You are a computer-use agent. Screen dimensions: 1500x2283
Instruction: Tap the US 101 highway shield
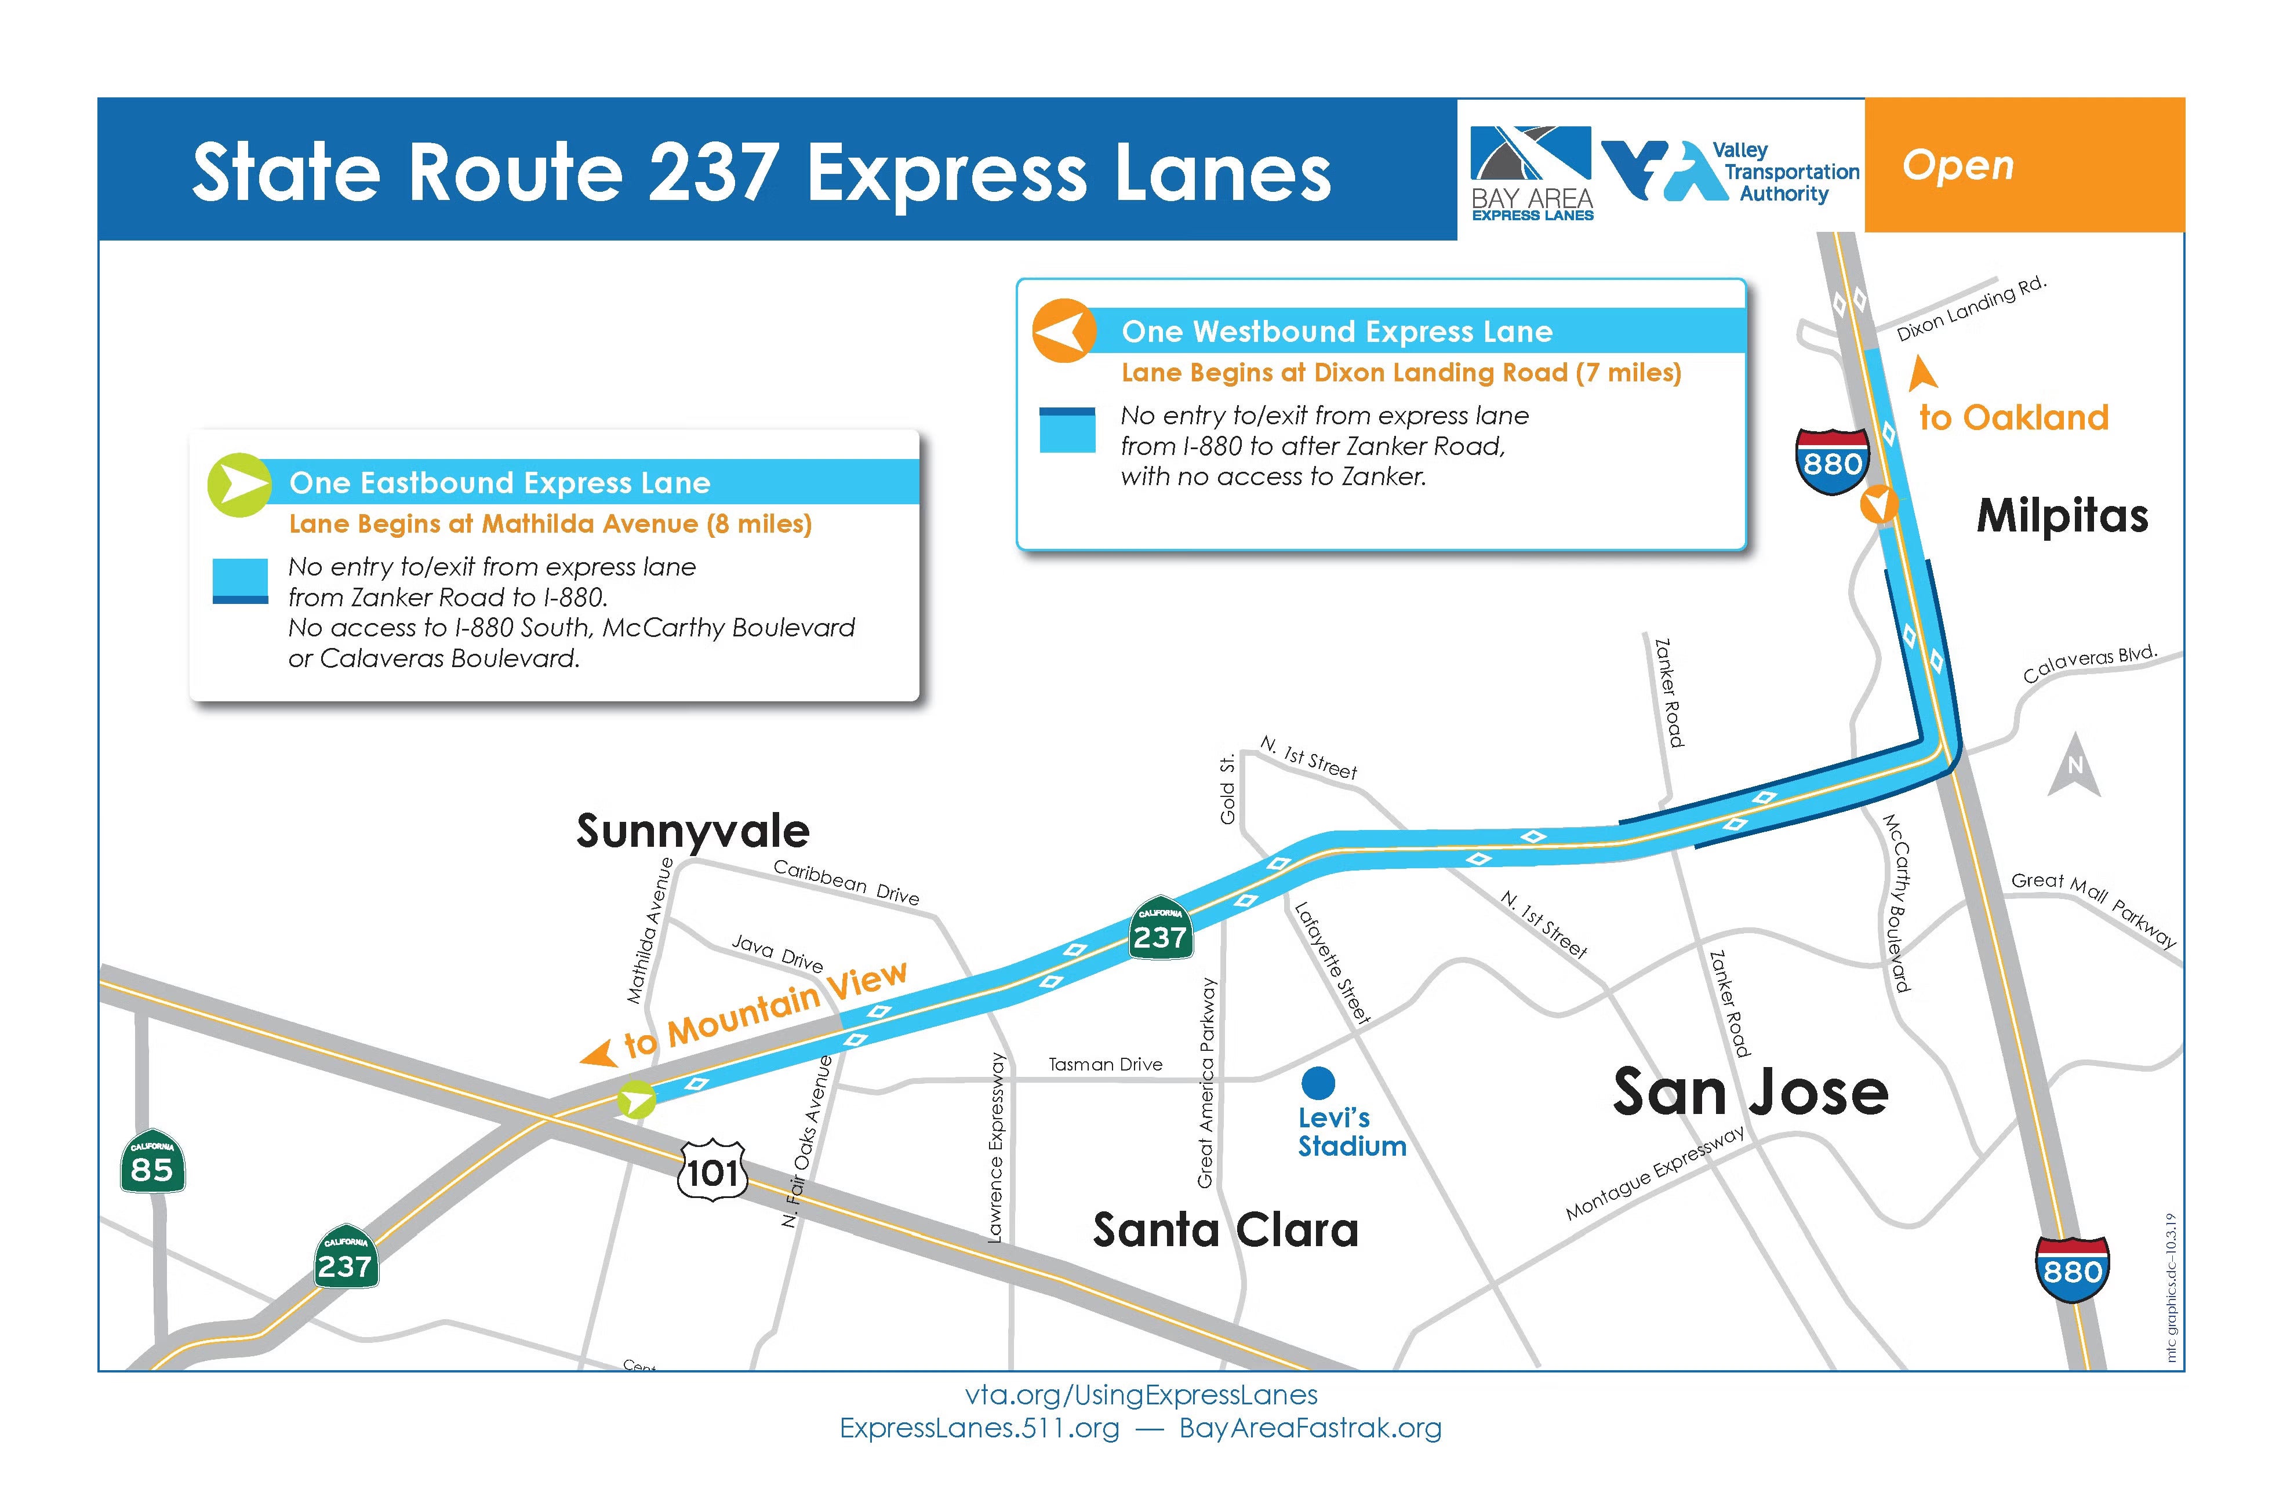(x=712, y=1170)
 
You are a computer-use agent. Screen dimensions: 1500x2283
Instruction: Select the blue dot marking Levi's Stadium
(x=1318, y=1083)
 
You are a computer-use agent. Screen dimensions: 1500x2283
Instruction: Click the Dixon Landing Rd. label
(x=1971, y=309)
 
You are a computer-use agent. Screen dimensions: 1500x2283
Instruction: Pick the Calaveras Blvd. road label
(x=2089, y=664)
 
